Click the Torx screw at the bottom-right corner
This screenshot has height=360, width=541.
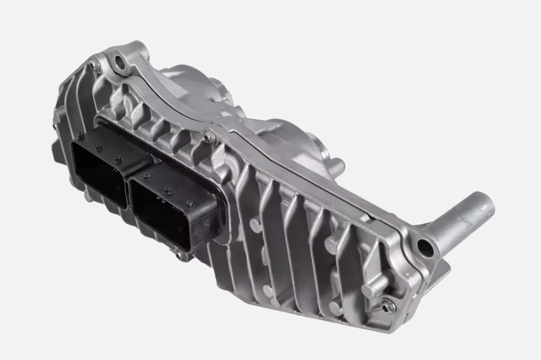click(x=387, y=305)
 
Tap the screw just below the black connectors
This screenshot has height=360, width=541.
click(x=178, y=254)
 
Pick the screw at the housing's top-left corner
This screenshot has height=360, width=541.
click(x=94, y=65)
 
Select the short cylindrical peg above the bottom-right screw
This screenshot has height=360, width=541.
click(x=370, y=291)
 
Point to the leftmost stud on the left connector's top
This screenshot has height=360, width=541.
click(x=81, y=136)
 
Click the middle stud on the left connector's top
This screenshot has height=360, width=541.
click(x=99, y=148)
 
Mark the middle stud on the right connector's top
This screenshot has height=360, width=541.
click(x=167, y=190)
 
